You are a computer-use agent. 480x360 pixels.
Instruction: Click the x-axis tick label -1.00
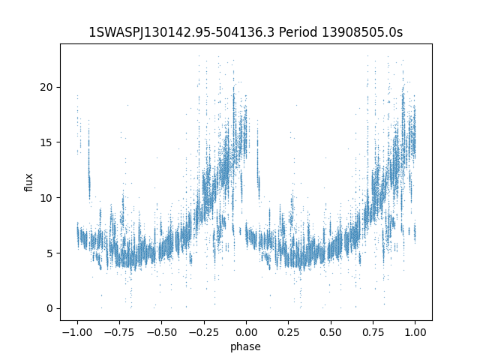click(76, 331)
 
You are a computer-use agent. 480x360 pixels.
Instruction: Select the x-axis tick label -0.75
click(118, 331)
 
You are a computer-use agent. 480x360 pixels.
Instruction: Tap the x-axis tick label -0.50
click(161, 331)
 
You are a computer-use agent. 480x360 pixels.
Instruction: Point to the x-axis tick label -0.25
click(203, 331)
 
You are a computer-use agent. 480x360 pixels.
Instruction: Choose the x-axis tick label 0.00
click(246, 331)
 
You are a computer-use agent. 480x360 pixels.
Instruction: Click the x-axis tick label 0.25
click(288, 331)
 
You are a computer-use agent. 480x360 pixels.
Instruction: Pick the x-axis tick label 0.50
click(331, 331)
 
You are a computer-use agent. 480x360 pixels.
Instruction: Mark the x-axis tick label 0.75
click(373, 331)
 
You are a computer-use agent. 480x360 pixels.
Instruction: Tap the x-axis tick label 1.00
click(415, 331)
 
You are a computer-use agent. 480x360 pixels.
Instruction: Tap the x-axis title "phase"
click(246, 346)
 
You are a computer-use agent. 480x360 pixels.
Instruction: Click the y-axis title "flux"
click(29, 182)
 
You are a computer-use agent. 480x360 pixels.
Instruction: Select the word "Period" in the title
click(298, 32)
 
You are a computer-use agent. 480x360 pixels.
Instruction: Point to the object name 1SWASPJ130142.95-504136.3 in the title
click(182, 32)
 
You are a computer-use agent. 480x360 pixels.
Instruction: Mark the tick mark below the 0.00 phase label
click(246, 322)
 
